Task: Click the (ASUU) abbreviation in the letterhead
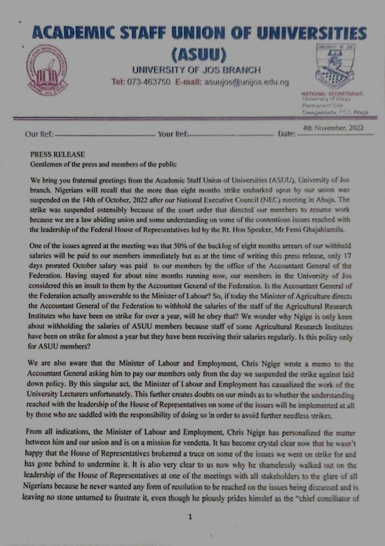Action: click(199, 55)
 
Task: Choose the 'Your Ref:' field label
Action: click(173, 134)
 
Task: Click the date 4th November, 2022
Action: click(333, 128)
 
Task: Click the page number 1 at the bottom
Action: click(190, 517)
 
